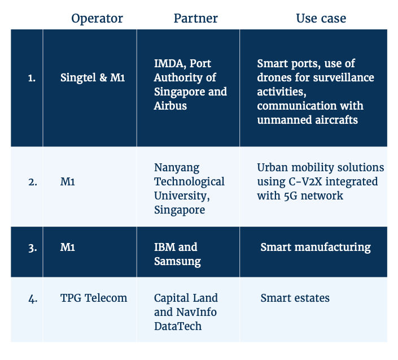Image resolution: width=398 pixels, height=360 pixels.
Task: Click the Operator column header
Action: coord(97,19)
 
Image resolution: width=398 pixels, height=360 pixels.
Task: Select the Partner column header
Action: coord(196,18)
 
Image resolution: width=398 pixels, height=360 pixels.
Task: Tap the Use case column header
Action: coord(321,18)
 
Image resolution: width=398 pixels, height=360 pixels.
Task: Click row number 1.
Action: coord(32,78)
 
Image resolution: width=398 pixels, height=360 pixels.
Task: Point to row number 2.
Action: coord(33,182)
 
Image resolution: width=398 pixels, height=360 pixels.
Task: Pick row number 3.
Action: coord(33,248)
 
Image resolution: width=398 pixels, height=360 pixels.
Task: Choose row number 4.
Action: coord(33,299)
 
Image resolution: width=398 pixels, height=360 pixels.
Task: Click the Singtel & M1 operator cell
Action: coord(93,77)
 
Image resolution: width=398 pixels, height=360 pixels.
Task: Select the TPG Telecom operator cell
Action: coord(94,298)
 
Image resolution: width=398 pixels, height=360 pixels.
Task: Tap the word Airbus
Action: coord(170,106)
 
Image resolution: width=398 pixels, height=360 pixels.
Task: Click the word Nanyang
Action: coord(177,168)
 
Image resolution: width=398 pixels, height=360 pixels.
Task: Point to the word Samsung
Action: coord(177,262)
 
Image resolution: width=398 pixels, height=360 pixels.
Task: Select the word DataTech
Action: coord(178,326)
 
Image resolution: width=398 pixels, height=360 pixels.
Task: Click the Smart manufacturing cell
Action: coord(316,248)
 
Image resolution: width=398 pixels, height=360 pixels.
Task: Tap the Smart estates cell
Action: coord(295,298)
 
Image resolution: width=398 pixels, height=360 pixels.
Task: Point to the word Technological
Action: coord(189,182)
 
